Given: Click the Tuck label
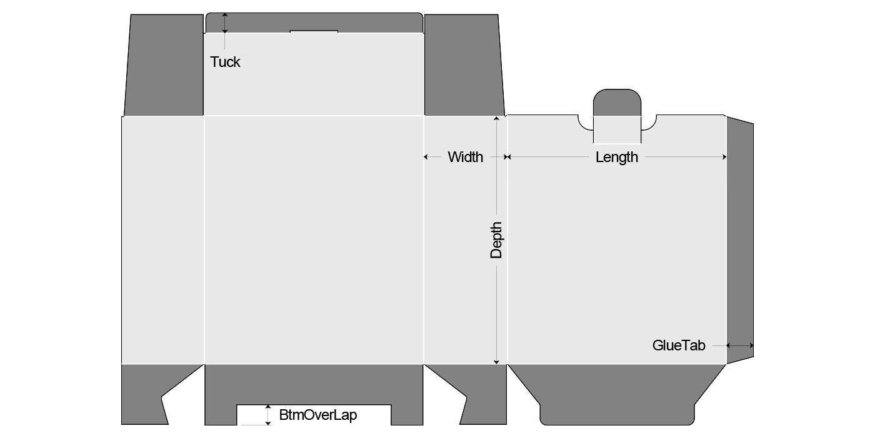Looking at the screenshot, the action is (225, 62).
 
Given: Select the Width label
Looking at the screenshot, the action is (465, 157).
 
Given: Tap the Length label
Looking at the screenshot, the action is (617, 157).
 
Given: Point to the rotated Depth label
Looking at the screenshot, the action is (496, 240).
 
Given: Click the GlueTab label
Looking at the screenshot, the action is (679, 345).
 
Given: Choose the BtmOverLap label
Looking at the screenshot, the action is (318, 415).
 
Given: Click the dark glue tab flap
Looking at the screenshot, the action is (740, 240).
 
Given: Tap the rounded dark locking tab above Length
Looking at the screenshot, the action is (617, 103).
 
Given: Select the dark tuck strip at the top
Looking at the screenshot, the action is (314, 23).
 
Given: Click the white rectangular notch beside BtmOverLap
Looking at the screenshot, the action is (314, 415).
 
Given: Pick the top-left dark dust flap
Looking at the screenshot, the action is (164, 65).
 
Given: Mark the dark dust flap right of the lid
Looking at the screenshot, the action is (464, 65).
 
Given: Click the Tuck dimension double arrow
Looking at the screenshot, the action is (224, 23).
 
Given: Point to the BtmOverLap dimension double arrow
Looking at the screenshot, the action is (268, 415).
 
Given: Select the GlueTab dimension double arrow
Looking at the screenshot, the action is (740, 345).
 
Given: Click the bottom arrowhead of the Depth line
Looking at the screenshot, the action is (496, 362).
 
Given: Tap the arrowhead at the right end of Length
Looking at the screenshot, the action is (724, 157).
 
